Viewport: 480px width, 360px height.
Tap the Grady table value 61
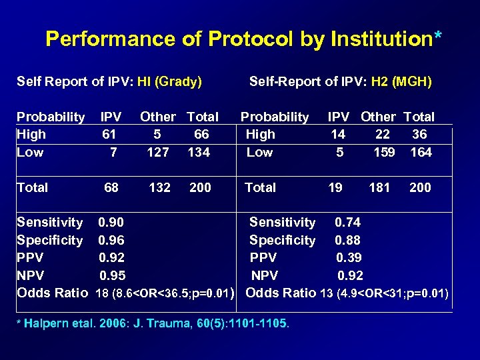pyautogui.click(x=109, y=134)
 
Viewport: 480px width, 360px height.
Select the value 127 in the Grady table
pyautogui.click(x=158, y=152)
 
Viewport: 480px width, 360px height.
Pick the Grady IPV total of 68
pyautogui.click(x=111, y=187)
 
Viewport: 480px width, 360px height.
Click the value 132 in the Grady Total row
pyautogui.click(x=159, y=187)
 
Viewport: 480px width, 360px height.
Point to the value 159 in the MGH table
pyautogui.click(x=384, y=152)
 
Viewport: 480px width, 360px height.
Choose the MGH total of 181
pyautogui.click(x=379, y=187)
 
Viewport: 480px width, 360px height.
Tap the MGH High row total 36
pyautogui.click(x=419, y=134)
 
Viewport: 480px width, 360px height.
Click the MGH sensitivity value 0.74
pyautogui.click(x=347, y=222)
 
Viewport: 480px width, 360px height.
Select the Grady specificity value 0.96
pyautogui.click(x=111, y=240)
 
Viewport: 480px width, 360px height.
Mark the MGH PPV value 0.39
pyautogui.click(x=350, y=257)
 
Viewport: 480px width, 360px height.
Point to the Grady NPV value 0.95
pyautogui.click(x=112, y=275)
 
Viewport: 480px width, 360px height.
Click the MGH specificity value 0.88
pyautogui.click(x=347, y=240)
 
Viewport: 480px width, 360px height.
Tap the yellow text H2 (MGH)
pyautogui.click(x=403, y=82)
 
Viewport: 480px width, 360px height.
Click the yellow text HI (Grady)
pyautogui.click(x=169, y=82)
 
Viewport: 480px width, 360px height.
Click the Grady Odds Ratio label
pyautogui.click(x=52, y=293)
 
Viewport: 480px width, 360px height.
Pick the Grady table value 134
pyautogui.click(x=199, y=152)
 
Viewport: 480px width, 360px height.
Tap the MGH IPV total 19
pyautogui.click(x=335, y=187)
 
